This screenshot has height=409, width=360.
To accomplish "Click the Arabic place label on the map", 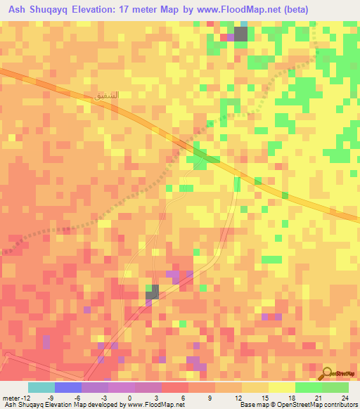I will (101, 93).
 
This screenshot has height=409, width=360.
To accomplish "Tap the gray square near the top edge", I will (241, 33).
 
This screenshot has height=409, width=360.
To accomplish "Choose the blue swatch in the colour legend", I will (68, 387).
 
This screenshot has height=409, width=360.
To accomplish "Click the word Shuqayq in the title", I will (49, 10).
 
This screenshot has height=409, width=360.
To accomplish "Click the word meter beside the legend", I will (11, 398).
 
